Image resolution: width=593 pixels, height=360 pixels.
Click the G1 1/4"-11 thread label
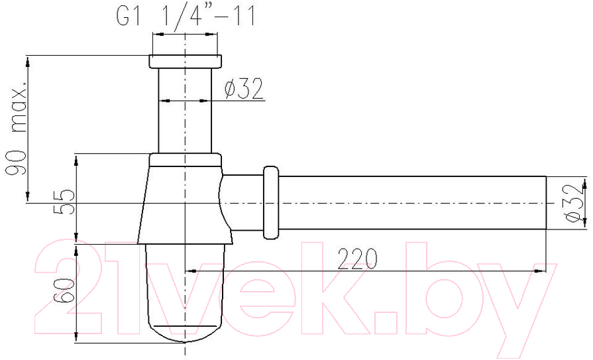186,15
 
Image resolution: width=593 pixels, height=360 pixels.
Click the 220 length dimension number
357,259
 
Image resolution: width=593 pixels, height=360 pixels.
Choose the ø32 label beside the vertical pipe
244,90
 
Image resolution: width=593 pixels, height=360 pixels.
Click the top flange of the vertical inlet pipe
186,62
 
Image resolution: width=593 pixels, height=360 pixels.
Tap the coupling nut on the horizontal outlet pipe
271,202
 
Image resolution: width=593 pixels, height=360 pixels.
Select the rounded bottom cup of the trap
185,292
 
